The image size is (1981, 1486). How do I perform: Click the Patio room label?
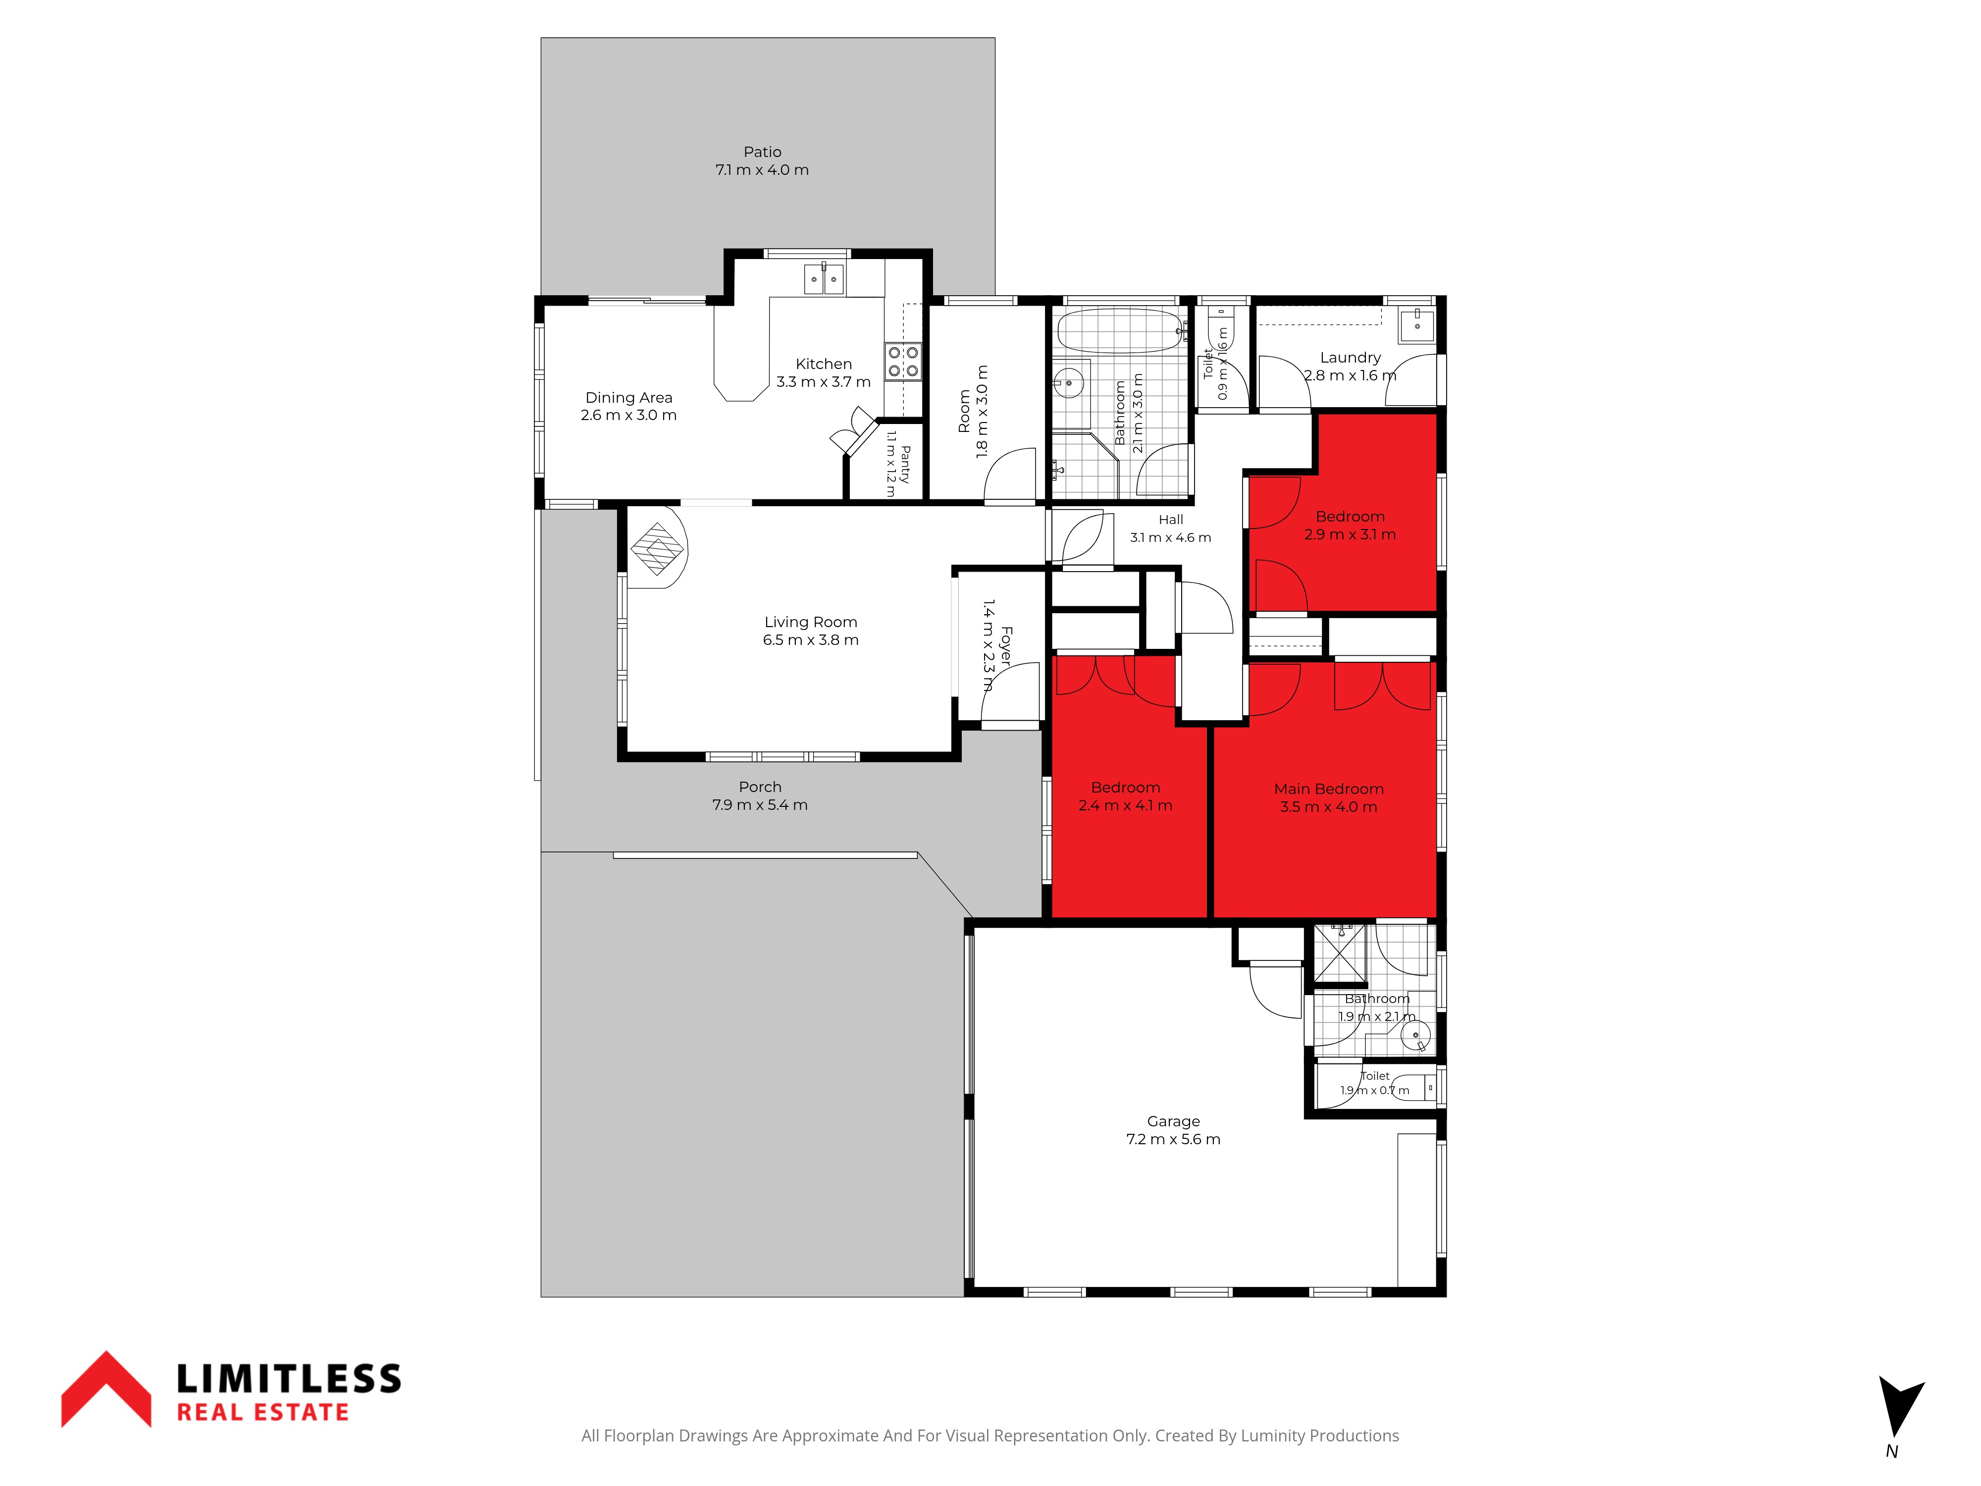762,152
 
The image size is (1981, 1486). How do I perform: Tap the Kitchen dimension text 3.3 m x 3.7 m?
823,381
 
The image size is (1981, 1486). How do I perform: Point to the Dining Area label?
628,398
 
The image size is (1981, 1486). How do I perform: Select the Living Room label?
811,622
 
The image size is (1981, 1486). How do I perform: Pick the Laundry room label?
1351,358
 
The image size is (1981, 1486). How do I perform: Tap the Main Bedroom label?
1329,789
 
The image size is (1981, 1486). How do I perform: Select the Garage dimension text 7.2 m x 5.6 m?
1173,1139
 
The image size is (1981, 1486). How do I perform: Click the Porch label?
760,787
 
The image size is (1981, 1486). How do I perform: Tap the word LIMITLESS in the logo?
288,1379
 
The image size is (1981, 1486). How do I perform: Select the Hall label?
1170,520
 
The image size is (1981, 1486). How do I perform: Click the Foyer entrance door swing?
1012,691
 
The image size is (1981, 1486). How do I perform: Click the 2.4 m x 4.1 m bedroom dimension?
1125,805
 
